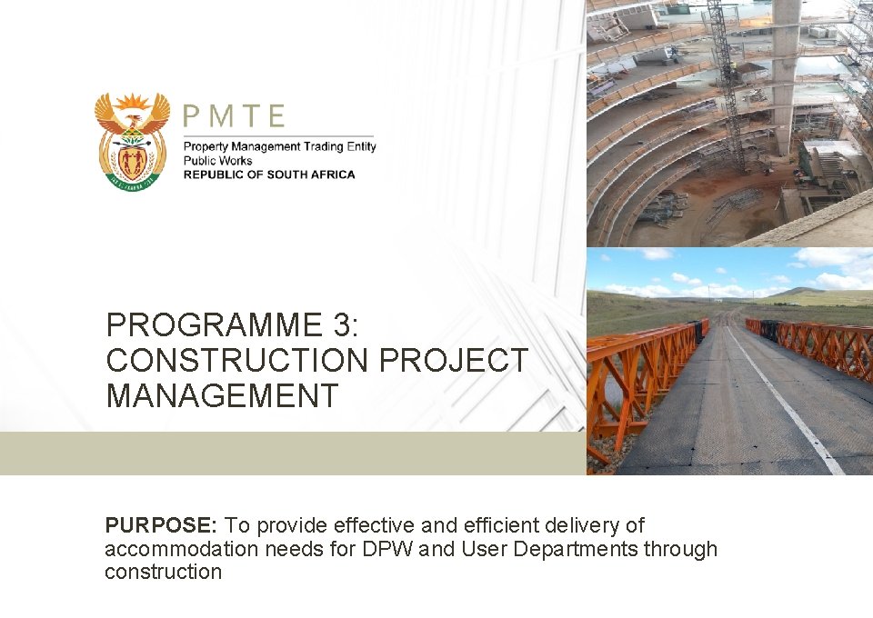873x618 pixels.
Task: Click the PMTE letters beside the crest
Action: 235,116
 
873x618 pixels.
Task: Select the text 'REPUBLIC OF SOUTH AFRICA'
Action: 269,174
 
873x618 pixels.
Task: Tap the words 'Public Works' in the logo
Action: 218,161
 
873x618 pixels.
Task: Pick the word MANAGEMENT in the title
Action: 222,396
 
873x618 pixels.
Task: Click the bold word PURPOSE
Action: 160,525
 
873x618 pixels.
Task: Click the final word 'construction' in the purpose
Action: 163,572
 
